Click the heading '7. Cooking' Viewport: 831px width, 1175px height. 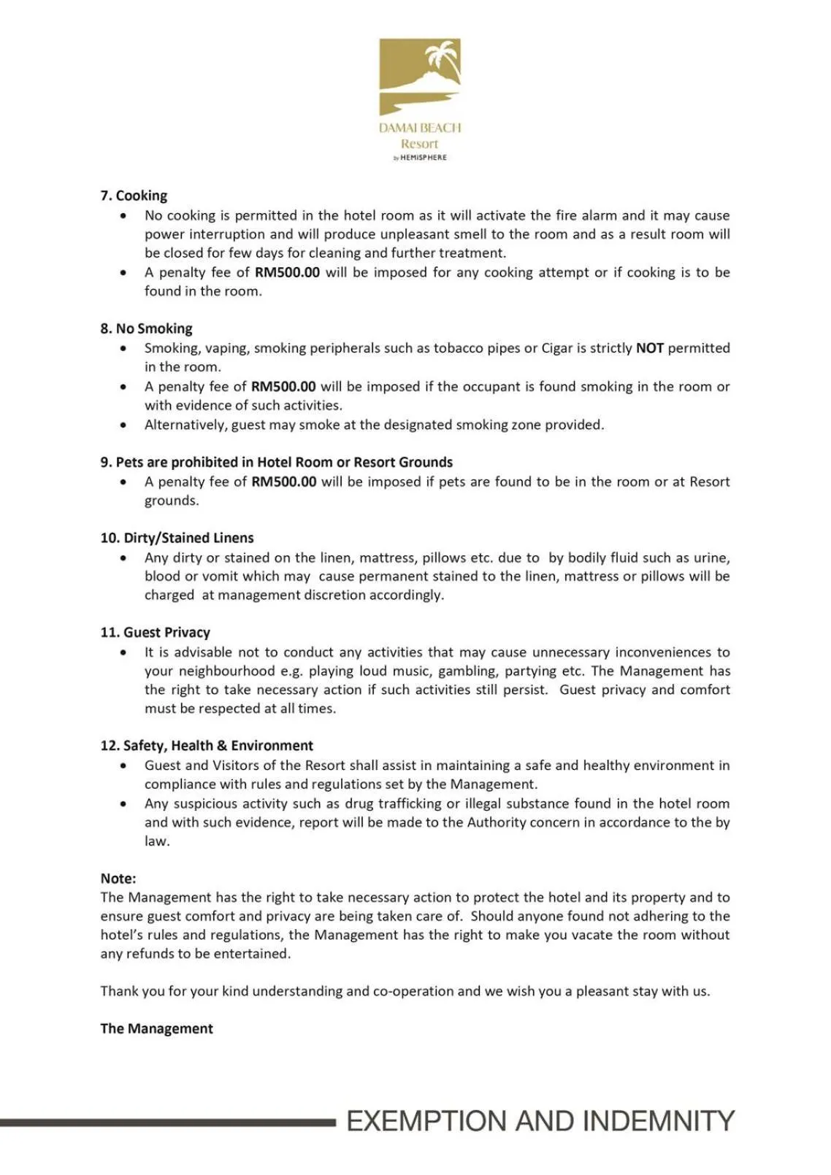coord(134,196)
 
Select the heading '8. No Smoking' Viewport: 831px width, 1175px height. coord(146,328)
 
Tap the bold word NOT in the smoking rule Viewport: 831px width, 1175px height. coord(649,348)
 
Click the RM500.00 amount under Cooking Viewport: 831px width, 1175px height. coord(287,272)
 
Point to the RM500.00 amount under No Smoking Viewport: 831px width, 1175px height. coord(283,387)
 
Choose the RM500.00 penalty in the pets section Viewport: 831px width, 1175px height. coord(284,482)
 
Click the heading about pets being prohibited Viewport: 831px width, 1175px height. coord(276,462)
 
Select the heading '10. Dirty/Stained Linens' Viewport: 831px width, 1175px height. coord(177,538)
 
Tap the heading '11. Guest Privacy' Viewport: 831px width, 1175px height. coord(155,632)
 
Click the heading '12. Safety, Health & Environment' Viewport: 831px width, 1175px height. coord(207,746)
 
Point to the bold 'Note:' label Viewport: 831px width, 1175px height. coord(118,879)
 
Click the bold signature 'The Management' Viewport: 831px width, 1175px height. coord(156,1028)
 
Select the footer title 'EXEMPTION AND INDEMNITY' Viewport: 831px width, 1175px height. coord(540,1121)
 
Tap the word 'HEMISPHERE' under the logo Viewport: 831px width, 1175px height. coord(424,158)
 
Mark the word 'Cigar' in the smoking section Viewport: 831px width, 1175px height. coord(557,348)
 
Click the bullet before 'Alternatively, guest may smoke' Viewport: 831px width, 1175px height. coord(123,425)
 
